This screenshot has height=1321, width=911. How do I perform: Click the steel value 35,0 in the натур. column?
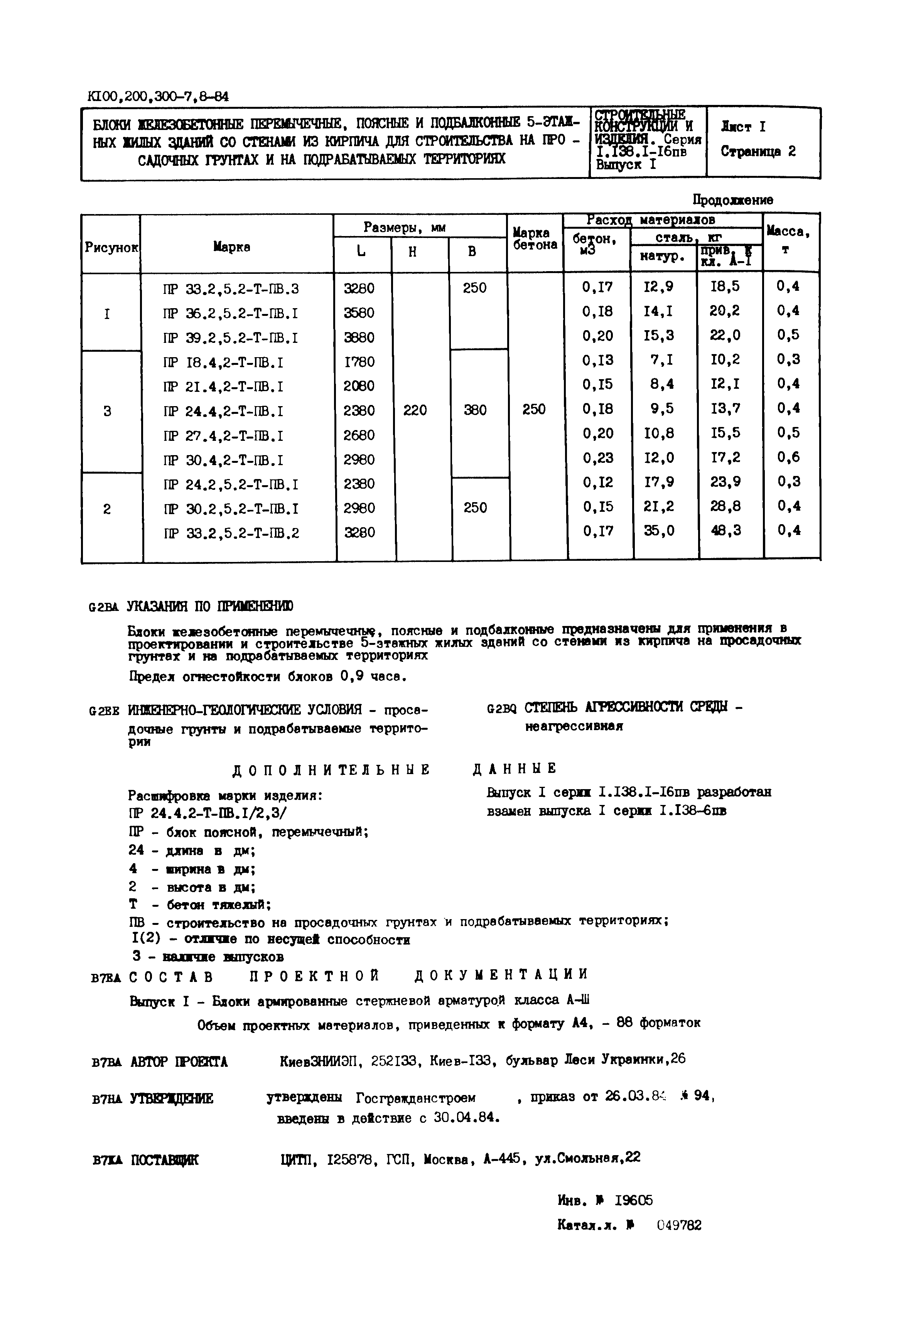point(659,531)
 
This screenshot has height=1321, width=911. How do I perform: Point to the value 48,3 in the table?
point(726,531)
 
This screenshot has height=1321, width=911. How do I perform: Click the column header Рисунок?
point(111,248)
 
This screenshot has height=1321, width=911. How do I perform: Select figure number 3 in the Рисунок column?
point(107,411)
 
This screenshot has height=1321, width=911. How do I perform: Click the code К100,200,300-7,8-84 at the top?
point(158,96)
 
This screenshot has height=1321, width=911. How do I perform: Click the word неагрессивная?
point(574,727)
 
